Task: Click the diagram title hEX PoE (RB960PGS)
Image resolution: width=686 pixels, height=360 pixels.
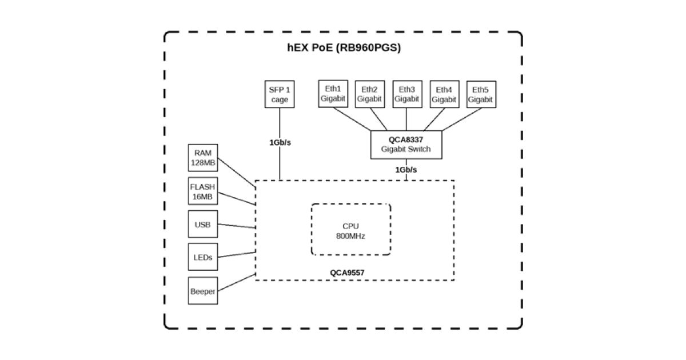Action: (344, 48)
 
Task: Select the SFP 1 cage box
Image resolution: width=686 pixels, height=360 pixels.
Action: (280, 94)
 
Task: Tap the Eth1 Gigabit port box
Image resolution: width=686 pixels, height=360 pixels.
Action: (333, 94)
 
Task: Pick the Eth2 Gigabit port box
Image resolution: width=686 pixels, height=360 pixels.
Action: (369, 94)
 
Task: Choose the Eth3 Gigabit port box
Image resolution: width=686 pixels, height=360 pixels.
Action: (406, 94)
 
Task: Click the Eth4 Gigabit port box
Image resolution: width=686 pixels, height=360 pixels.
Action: (444, 94)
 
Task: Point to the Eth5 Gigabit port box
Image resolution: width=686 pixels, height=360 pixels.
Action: (480, 94)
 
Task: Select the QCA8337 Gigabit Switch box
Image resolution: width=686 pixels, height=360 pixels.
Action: (406, 144)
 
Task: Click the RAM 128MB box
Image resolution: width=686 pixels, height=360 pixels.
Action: (203, 158)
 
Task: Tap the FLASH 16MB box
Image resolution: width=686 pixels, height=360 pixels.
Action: (203, 191)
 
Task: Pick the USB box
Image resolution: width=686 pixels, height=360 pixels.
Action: (203, 225)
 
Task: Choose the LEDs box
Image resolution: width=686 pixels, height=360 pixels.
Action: (203, 257)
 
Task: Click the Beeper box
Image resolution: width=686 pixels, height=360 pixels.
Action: (203, 291)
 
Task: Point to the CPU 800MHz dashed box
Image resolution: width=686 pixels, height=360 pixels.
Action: (351, 230)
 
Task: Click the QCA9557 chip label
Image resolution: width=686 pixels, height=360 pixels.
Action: (347, 273)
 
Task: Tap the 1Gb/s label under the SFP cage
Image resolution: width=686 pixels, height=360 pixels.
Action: (280, 142)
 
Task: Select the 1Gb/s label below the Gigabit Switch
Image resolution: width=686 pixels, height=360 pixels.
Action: (406, 170)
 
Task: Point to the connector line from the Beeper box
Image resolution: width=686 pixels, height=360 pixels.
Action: (236, 283)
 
